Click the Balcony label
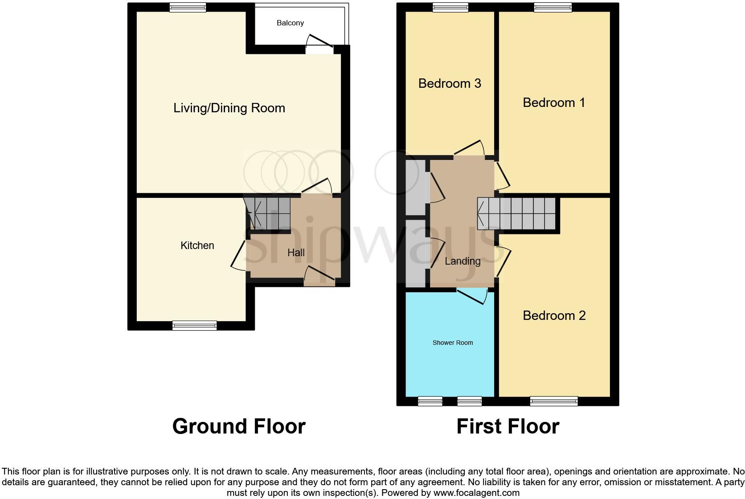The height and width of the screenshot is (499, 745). [x=290, y=23]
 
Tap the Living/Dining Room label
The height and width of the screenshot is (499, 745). [x=229, y=108]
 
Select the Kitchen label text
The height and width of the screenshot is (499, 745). [x=197, y=245]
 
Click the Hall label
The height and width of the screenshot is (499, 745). [x=296, y=253]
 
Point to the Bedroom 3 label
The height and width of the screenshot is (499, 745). [x=450, y=83]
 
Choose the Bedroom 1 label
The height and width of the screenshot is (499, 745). [x=553, y=102]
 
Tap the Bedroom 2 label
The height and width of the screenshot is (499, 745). [x=554, y=315]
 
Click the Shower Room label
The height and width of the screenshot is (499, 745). [x=452, y=343]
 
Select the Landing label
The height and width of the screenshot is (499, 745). [x=463, y=261]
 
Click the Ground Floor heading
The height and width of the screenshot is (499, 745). [x=239, y=426]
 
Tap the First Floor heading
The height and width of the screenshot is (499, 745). [x=508, y=426]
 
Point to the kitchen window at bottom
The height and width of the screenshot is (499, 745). [x=195, y=325]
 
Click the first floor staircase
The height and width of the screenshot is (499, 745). [x=517, y=213]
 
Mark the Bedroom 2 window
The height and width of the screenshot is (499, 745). [x=553, y=401]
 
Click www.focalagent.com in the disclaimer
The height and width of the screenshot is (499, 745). [x=476, y=493]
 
